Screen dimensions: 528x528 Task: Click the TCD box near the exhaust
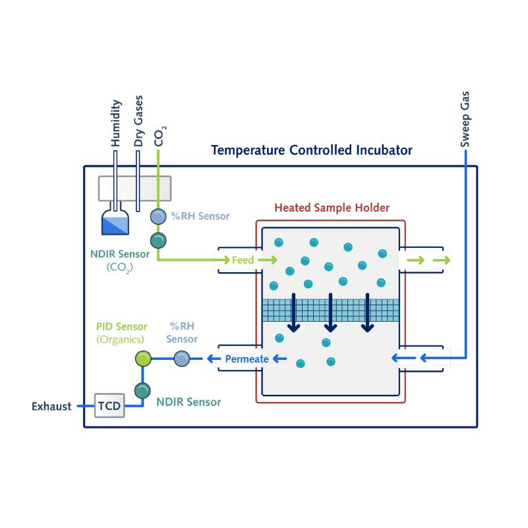(109, 405)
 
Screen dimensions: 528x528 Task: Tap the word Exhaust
(51, 406)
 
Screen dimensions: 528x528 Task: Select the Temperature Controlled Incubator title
(312, 150)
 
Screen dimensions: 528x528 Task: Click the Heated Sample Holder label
(332, 208)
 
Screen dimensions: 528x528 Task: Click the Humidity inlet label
(116, 123)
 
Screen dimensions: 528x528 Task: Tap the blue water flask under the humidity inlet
(115, 223)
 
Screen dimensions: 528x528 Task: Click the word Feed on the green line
(243, 260)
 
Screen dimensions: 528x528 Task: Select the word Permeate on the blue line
(247, 359)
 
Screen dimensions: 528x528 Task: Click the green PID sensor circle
(143, 359)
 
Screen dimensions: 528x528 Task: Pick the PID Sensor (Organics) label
(121, 333)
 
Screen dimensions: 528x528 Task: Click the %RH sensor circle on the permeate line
(181, 359)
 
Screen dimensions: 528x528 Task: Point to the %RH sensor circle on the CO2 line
(158, 216)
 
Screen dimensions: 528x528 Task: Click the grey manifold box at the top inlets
(134, 189)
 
